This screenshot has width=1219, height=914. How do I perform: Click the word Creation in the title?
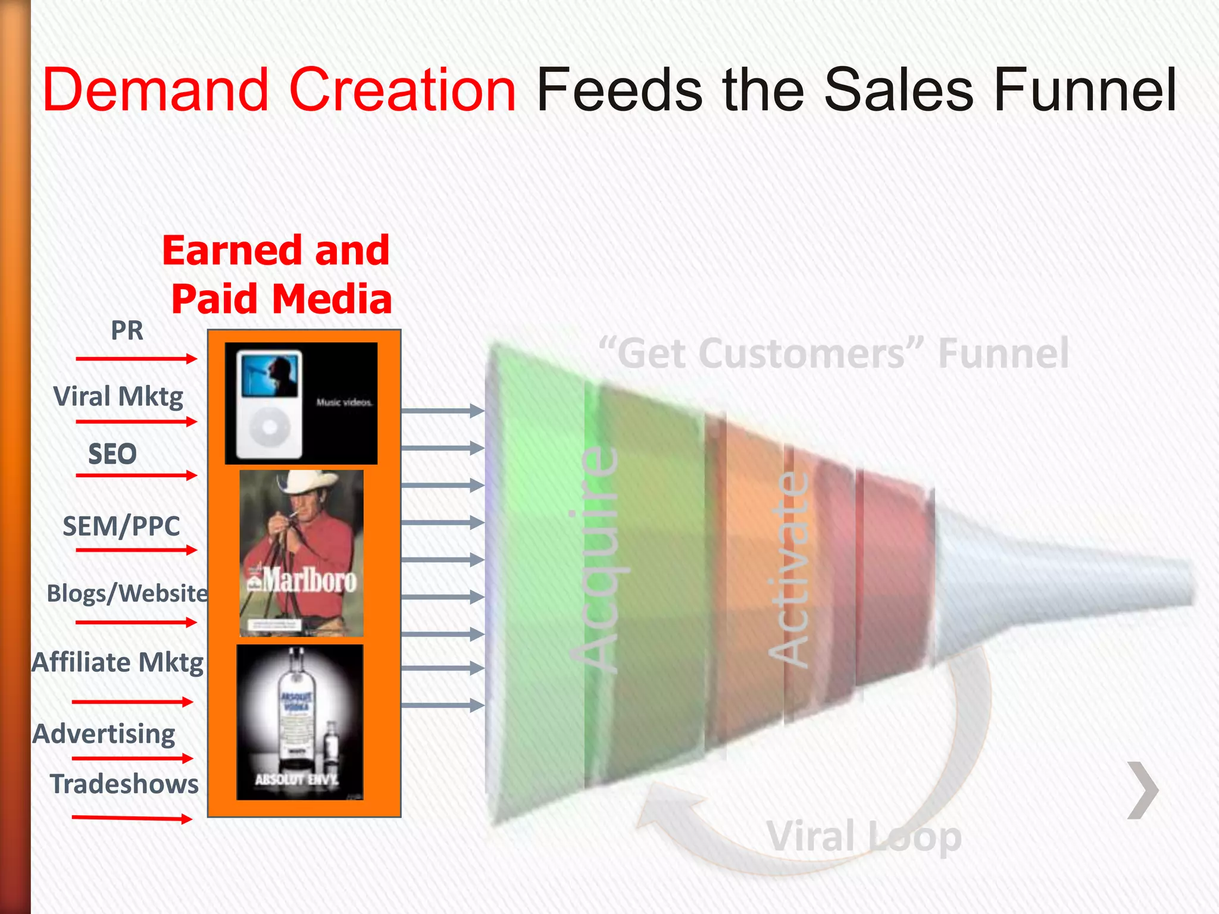[x=402, y=90]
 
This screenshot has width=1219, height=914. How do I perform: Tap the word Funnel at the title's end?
[x=1084, y=90]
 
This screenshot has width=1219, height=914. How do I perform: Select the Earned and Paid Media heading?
[x=277, y=274]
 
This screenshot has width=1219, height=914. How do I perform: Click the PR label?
[x=127, y=331]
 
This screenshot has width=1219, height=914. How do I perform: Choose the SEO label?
[x=112, y=455]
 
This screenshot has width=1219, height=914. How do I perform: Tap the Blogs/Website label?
[x=127, y=593]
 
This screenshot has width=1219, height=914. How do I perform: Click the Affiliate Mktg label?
[x=118, y=662]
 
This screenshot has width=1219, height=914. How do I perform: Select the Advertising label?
[x=104, y=734]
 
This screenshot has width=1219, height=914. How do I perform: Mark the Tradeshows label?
[x=124, y=784]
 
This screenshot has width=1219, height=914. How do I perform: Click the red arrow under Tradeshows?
[x=132, y=819]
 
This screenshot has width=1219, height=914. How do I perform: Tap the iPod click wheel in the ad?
[x=269, y=427]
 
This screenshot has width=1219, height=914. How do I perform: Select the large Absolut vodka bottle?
[x=296, y=708]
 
